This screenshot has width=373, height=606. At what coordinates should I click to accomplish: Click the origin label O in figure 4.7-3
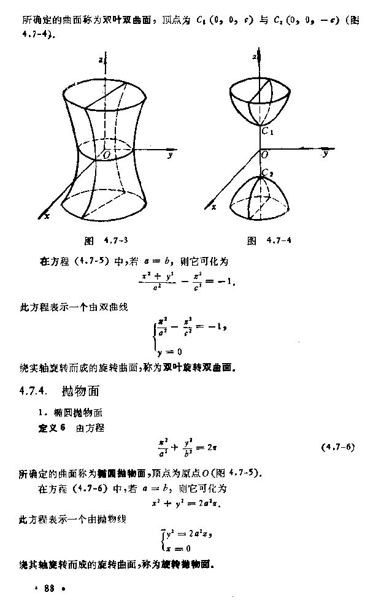coord(106,156)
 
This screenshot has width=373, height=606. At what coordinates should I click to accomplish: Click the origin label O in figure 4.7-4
coord(264,156)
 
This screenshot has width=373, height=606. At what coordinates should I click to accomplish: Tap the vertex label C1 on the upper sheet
coord(266,131)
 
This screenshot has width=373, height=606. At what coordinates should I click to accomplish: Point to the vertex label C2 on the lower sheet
coord(267,174)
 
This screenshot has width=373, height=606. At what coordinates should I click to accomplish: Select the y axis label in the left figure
coord(169,156)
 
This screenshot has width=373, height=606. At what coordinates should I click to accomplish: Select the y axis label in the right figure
coord(326,154)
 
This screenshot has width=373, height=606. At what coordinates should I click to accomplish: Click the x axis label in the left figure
coord(47,215)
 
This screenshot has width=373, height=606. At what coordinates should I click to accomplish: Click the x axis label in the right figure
coord(213,207)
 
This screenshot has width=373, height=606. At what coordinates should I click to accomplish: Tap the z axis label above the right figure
coord(254,56)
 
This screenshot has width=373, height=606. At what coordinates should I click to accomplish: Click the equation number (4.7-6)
coord(338,447)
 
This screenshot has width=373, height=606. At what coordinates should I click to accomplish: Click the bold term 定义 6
coord(51,428)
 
